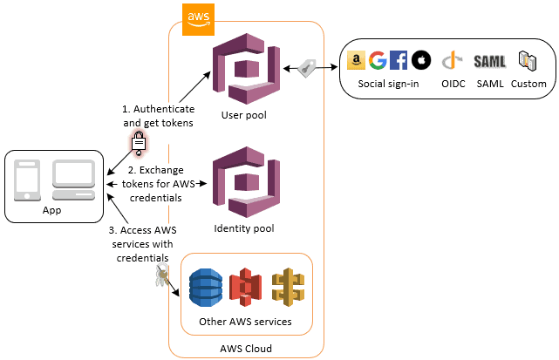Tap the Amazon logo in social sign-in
click(x=355, y=60)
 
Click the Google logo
click(x=378, y=60)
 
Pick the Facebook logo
click(x=399, y=60)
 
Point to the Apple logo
click(x=421, y=60)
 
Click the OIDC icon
click(x=451, y=60)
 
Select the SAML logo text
click(x=489, y=61)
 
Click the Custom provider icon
click(x=528, y=60)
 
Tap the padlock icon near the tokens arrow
click(x=138, y=142)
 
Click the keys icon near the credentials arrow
click(x=160, y=278)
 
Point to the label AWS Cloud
click(x=246, y=348)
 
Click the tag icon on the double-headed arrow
click(x=307, y=69)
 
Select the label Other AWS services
click(x=246, y=323)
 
